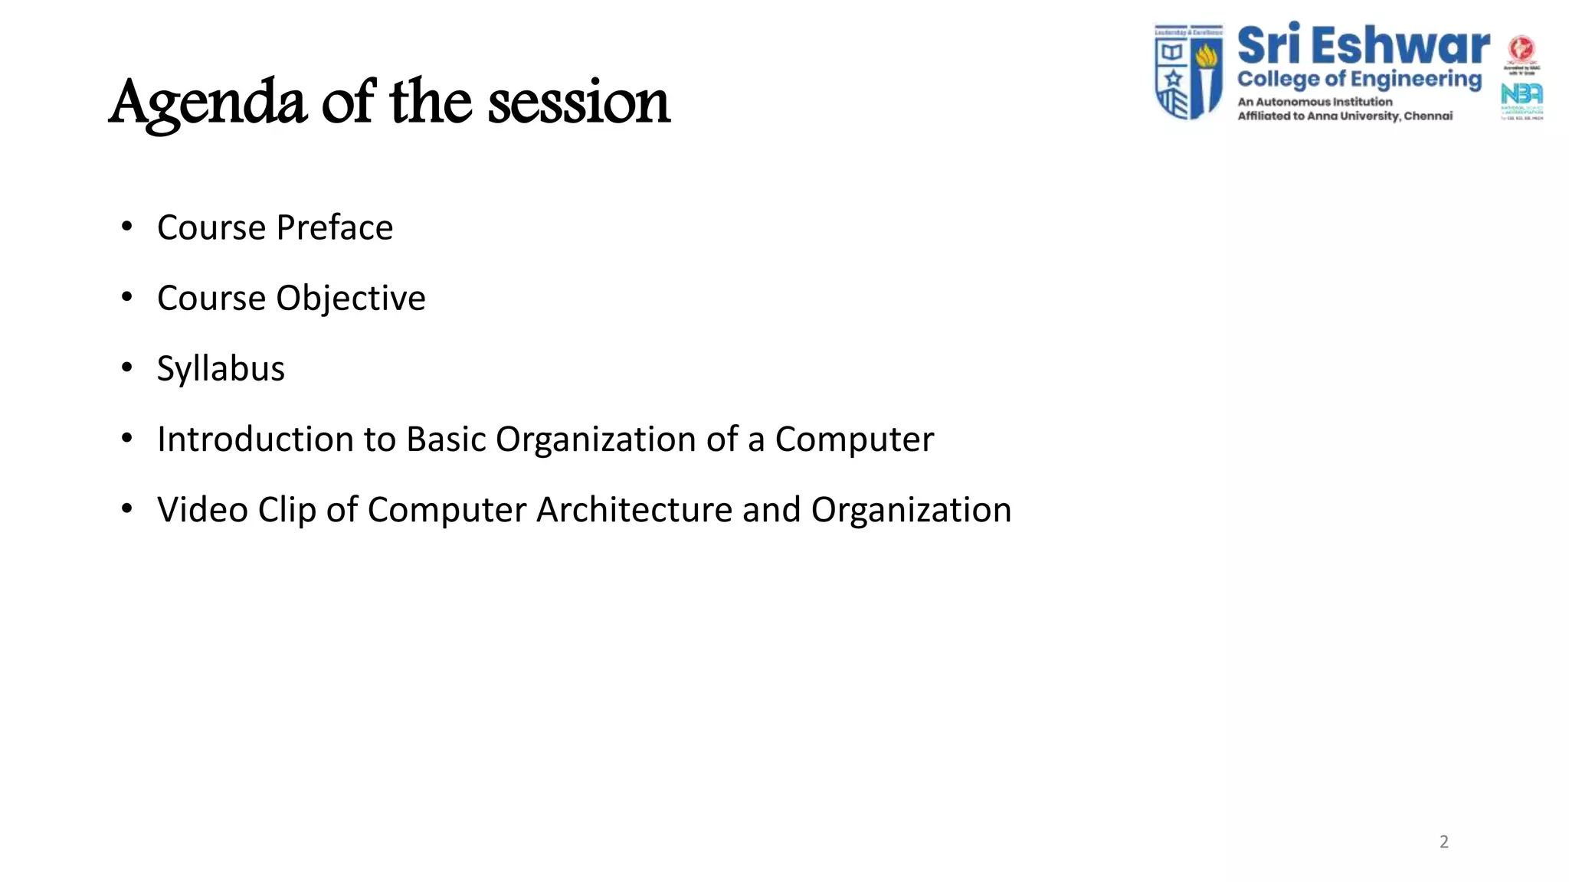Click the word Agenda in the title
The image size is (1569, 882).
(x=207, y=103)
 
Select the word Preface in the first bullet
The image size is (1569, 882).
(x=334, y=227)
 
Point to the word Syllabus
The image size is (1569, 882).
(x=221, y=368)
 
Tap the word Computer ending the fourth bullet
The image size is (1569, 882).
(x=853, y=439)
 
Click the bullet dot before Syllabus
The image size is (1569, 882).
(x=127, y=367)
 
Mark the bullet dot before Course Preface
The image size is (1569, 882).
(x=127, y=227)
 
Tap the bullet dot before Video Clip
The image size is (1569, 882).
(x=127, y=508)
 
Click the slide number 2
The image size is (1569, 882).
(x=1443, y=841)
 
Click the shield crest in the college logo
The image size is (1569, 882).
(x=1188, y=72)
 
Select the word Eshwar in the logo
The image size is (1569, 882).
(x=1400, y=45)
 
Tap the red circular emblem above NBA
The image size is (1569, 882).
(x=1521, y=49)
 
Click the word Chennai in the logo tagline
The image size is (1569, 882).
(x=1427, y=116)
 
